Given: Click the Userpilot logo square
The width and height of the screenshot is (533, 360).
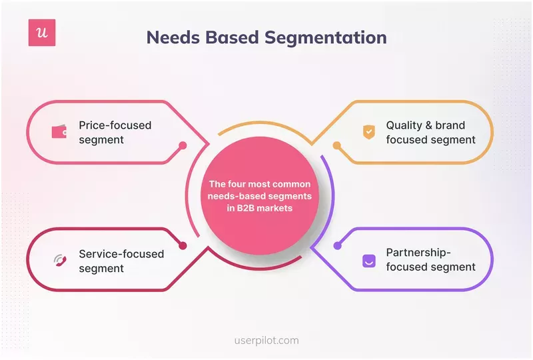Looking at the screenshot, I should click(41, 33).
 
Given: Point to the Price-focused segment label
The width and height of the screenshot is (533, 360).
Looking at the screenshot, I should click(115, 132).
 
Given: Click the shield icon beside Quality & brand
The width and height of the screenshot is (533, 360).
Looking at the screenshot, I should click(368, 132).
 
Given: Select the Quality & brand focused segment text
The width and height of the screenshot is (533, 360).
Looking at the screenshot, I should click(430, 132).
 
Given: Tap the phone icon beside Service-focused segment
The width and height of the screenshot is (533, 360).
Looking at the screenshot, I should click(60, 261).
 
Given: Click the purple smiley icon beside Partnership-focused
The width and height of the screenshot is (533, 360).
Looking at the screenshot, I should click(368, 261).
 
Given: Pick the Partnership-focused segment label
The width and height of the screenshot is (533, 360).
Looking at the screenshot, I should click(430, 261).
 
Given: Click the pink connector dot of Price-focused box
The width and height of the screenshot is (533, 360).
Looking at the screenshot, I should click(183, 145).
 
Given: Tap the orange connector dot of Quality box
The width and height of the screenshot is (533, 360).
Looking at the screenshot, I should click(337, 145).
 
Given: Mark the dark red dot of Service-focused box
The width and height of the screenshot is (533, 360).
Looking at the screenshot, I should click(183, 246).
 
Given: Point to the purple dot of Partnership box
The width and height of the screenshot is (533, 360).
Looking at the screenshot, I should click(337, 246).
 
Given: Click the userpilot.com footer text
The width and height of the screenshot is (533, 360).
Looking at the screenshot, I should click(266, 340).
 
